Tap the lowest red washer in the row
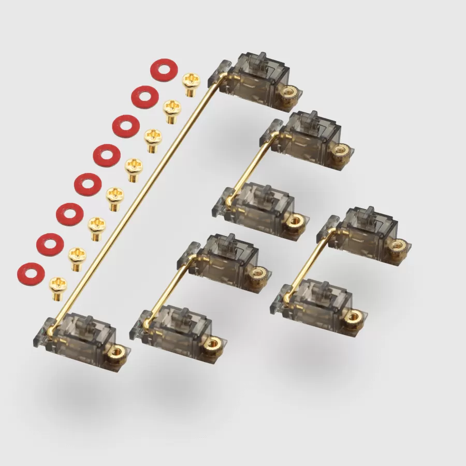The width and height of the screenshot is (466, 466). coord(31,273)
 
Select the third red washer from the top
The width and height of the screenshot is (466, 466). coord(126,126)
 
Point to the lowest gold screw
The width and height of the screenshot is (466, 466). coord(58,287)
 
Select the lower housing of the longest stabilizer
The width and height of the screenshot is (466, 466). coord(83,337)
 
